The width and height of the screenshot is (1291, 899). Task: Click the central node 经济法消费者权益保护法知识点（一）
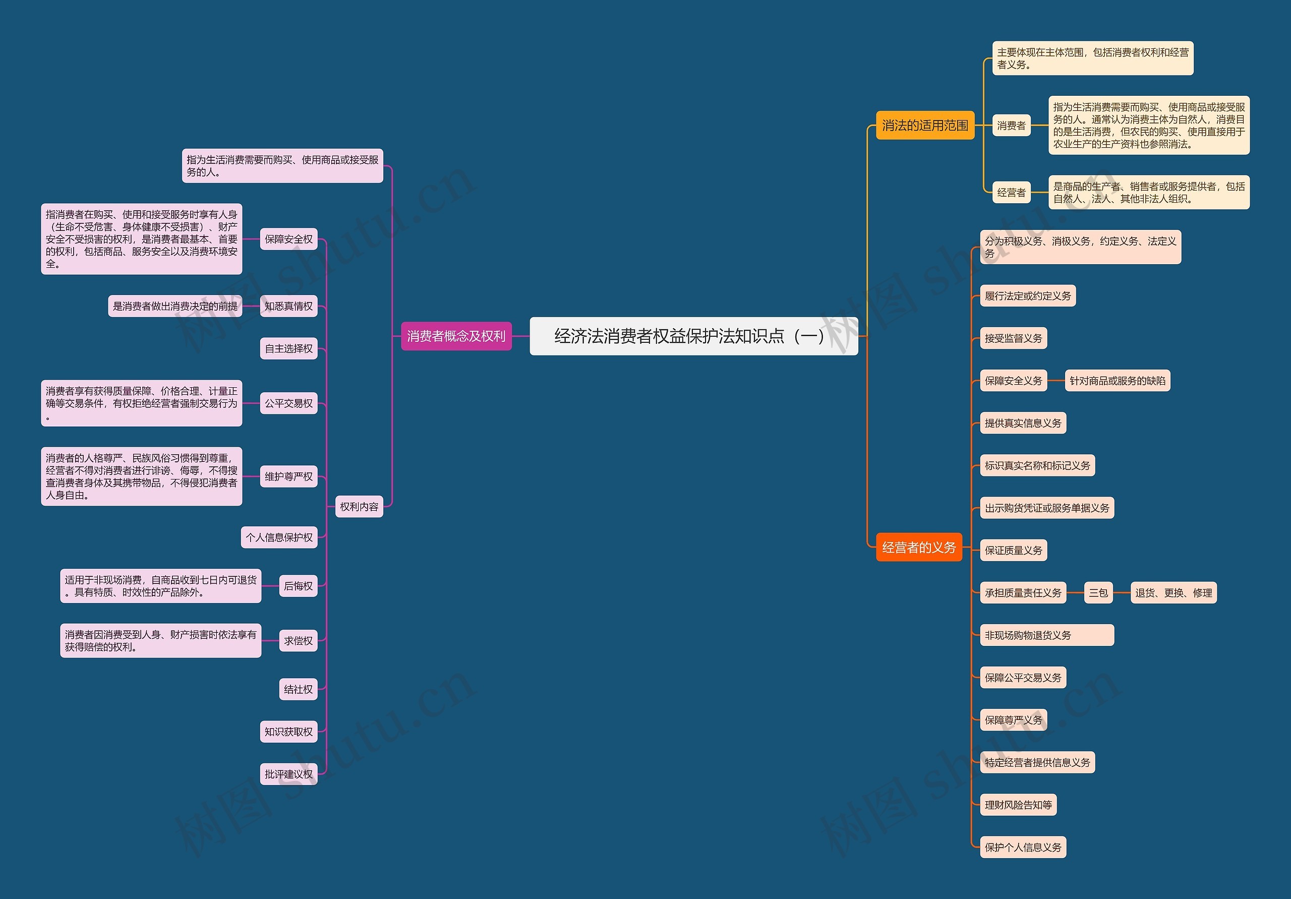(x=693, y=336)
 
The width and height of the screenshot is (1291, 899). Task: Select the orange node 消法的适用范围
(x=925, y=126)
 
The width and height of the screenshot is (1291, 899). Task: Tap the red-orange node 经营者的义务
(x=919, y=547)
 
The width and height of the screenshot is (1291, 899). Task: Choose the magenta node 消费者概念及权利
(x=456, y=336)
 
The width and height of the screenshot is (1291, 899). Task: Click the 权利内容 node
(x=359, y=507)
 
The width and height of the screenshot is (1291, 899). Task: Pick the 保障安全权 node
(x=288, y=239)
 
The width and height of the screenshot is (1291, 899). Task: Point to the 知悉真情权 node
(x=288, y=306)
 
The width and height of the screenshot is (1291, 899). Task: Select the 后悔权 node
(x=298, y=586)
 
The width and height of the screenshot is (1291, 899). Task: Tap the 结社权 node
(x=298, y=689)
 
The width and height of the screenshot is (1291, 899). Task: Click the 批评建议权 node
(x=288, y=774)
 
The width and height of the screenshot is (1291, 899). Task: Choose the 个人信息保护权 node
(x=279, y=537)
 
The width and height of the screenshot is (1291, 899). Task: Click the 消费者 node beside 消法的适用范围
(x=1011, y=126)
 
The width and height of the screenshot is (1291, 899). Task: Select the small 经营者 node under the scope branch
(x=1011, y=192)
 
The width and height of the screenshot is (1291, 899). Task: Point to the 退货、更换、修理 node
(x=1173, y=592)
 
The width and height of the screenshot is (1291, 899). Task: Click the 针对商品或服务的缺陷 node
(x=1117, y=381)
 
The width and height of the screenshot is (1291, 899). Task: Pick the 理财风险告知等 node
(x=1018, y=805)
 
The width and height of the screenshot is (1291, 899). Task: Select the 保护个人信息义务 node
(x=1023, y=847)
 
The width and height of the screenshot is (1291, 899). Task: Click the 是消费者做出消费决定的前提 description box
(x=175, y=306)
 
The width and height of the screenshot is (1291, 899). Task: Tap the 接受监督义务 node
(x=1013, y=338)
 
